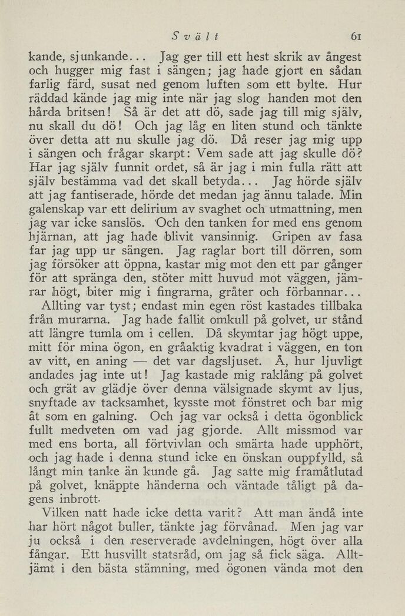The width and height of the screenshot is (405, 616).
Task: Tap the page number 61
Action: (356, 37)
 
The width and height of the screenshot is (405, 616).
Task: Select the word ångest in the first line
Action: (339, 59)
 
